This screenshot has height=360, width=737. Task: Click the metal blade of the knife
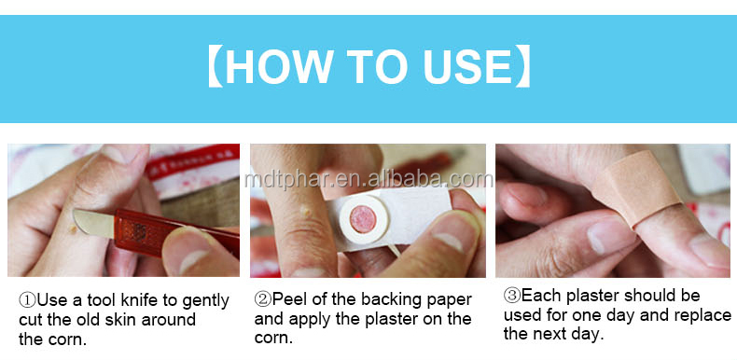click(x=93, y=223)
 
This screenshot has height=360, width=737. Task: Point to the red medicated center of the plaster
click(x=363, y=219)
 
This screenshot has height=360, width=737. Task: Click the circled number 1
click(x=27, y=299)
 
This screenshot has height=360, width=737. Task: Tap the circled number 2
click(x=263, y=298)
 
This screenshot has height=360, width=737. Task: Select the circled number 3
click(x=512, y=296)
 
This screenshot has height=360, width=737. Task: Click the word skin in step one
click(x=113, y=320)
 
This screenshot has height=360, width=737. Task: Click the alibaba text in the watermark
click(x=403, y=179)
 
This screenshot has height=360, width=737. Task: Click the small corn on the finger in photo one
click(x=73, y=229)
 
